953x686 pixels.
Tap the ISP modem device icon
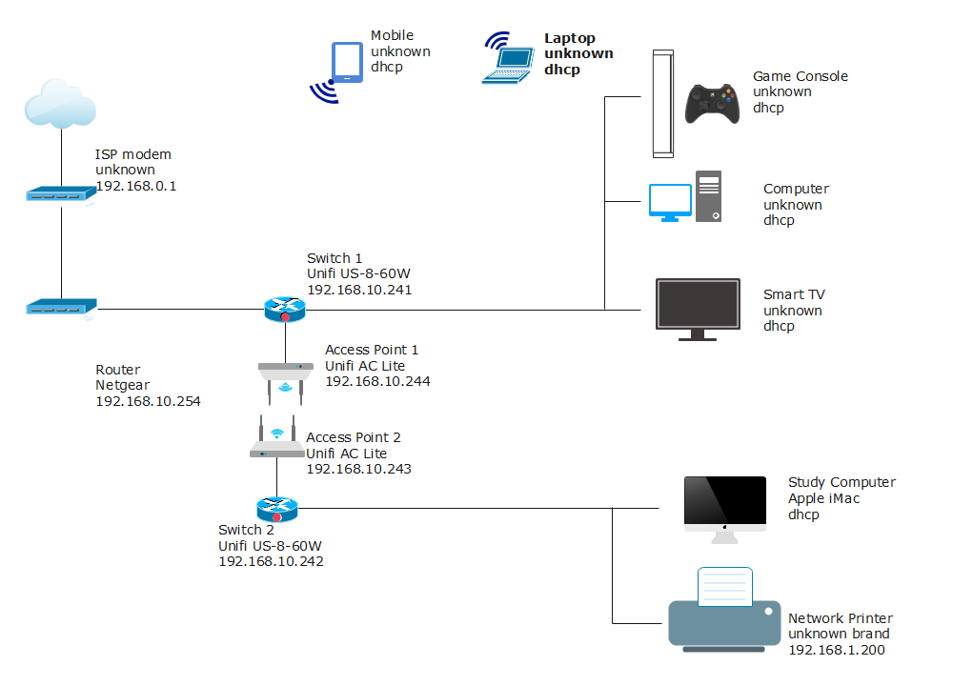pyautogui.click(x=61, y=194)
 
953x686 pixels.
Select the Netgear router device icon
pyautogui.click(x=61, y=308)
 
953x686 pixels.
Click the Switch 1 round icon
pyautogui.click(x=284, y=309)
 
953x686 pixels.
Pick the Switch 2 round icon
pyautogui.click(x=276, y=509)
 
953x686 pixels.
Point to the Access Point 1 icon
pyautogui.click(x=285, y=379)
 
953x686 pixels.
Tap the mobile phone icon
pyautogui.click(x=345, y=64)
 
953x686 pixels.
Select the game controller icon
pyautogui.click(x=713, y=103)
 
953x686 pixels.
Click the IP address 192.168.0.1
pyautogui.click(x=135, y=186)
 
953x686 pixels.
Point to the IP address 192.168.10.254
pyautogui.click(x=148, y=401)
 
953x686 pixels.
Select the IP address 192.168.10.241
pyautogui.click(x=359, y=290)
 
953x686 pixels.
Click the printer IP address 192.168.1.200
pyautogui.click(x=837, y=650)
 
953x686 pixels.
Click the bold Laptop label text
pyautogui.click(x=570, y=38)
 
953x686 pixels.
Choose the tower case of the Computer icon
pyautogui.click(x=708, y=196)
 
